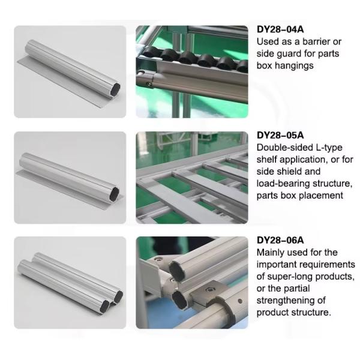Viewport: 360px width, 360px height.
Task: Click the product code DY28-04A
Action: point(281,31)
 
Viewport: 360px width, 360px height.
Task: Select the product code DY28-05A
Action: point(281,136)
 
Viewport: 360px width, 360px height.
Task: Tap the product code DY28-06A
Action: point(281,241)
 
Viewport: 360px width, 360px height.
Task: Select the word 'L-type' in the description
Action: point(333,147)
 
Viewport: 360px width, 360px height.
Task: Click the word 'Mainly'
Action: point(272,252)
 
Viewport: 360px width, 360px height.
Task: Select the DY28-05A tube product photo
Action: point(70,178)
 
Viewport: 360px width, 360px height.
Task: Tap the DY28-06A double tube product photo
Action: point(70,283)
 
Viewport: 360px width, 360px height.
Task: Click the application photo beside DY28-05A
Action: point(192,178)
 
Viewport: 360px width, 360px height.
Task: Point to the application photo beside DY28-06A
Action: point(192,283)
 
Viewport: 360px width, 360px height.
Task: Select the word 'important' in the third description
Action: point(278,264)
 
